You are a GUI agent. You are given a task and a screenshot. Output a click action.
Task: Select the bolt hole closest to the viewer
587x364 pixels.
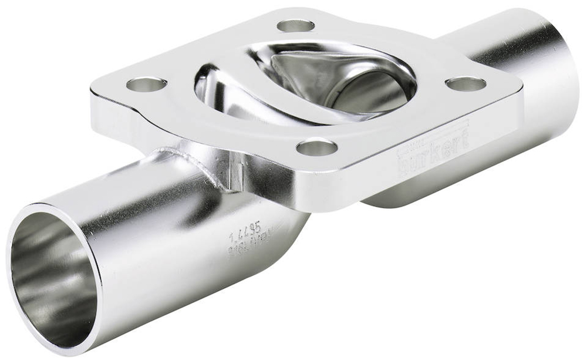click(x=316, y=147)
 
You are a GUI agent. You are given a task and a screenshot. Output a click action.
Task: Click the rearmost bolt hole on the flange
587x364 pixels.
click(x=295, y=25)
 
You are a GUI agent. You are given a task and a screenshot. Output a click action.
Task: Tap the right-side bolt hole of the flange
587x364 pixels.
click(x=465, y=83)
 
